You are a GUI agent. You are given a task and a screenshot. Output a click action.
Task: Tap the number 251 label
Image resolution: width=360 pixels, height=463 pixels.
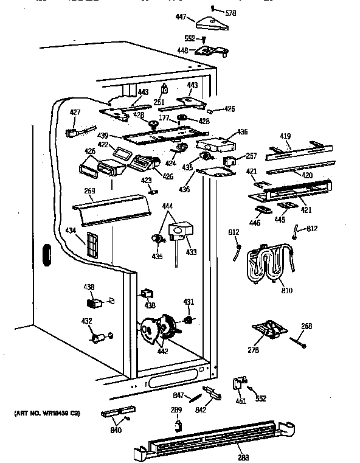pos(159,102)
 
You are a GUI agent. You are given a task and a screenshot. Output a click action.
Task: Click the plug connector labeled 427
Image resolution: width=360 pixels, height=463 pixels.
pos(72,131)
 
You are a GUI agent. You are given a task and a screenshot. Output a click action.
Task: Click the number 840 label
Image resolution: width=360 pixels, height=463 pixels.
pos(116,431)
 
